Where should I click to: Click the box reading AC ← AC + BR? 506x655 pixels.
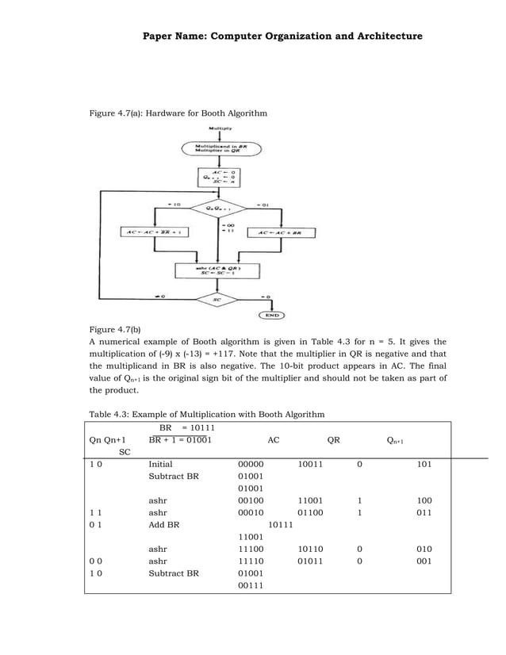click(282, 233)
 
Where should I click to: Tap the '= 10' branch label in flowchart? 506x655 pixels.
click(174, 205)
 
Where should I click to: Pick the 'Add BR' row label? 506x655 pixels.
click(163, 525)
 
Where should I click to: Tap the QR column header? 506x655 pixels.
click(334, 439)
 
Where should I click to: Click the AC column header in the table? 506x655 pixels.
click(273, 439)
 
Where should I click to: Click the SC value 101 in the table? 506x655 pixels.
click(424, 463)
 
